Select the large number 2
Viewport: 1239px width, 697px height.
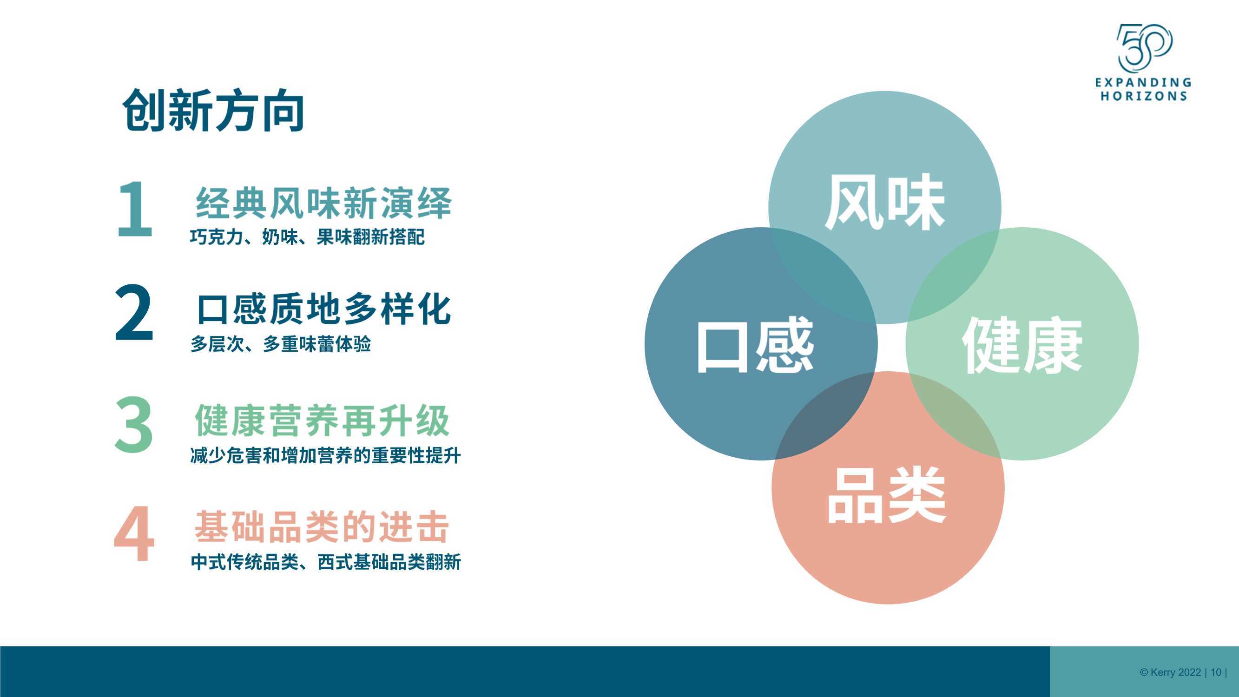134,313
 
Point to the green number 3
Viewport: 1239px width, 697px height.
134,425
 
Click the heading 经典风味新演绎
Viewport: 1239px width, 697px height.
324,203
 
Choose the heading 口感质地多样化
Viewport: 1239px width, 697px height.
324,309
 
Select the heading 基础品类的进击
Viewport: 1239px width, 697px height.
322,527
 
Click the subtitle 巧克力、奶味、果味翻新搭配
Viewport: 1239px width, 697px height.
307,237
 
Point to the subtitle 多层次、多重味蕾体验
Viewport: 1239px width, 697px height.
280,344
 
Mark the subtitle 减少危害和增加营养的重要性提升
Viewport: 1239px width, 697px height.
326,455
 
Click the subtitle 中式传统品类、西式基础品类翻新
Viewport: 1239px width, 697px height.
326,561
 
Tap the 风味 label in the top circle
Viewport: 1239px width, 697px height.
885,202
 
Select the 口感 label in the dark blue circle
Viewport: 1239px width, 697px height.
755,345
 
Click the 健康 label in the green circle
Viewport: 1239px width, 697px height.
1022,345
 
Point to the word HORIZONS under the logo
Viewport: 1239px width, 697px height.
1144,96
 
